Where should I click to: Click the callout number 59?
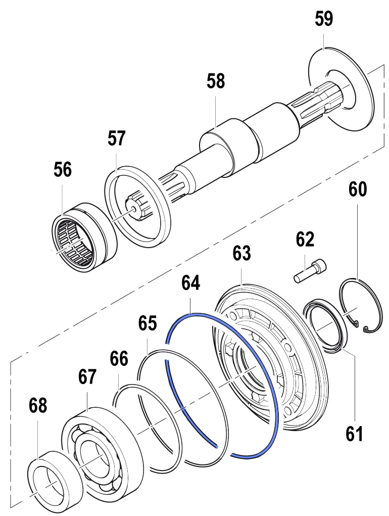[x=323, y=19]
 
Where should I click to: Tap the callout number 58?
[x=216, y=81]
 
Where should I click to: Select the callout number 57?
[x=116, y=138]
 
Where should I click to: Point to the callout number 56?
[x=63, y=170]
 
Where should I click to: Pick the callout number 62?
[x=305, y=239]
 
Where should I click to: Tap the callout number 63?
[x=241, y=253]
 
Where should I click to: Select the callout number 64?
[x=191, y=283]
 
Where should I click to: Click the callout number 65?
[x=148, y=323]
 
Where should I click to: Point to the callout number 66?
[x=119, y=358]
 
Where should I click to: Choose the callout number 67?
[x=87, y=377]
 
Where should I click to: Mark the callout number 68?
[x=38, y=405]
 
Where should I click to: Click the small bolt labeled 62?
[x=310, y=270]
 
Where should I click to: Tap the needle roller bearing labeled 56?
[x=85, y=236]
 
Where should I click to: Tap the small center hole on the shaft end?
[x=133, y=208]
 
